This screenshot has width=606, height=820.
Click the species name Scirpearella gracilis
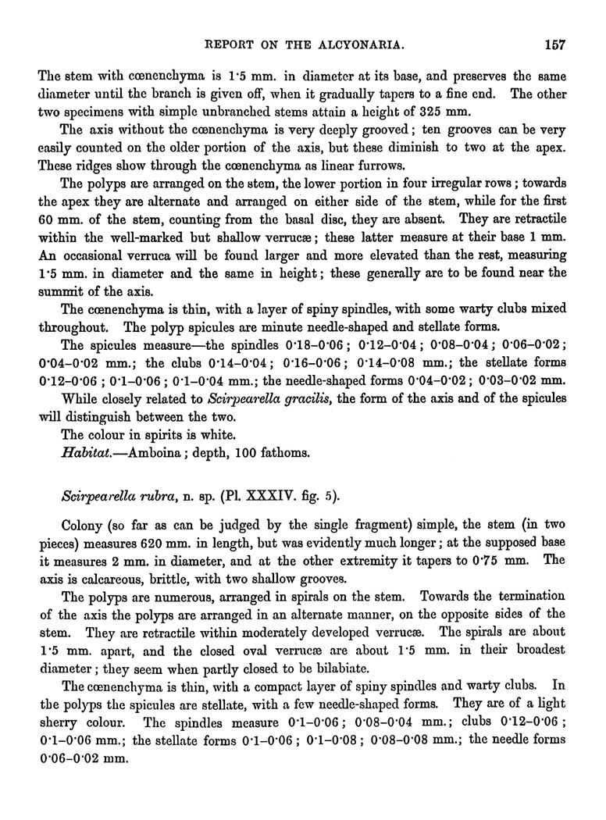276,398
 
